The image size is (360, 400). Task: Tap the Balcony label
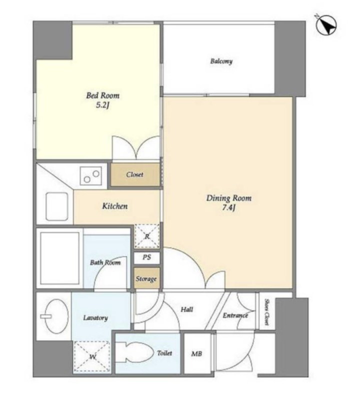pyautogui.click(x=221, y=61)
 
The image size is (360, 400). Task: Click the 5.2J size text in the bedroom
pyautogui.click(x=102, y=105)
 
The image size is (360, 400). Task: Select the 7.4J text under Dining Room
pyautogui.click(x=228, y=208)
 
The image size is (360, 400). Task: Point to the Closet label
pyautogui.click(x=134, y=174)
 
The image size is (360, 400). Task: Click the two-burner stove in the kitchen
pyautogui.click(x=91, y=176)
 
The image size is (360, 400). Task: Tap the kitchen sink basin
pyautogui.click(x=57, y=206)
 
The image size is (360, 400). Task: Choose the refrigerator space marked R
pyautogui.click(x=146, y=236)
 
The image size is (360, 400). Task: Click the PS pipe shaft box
pyautogui.click(x=146, y=258)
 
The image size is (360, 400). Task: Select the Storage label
pyautogui.click(x=146, y=279)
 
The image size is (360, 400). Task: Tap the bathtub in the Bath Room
pyautogui.click(x=59, y=258)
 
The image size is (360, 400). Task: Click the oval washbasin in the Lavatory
pyautogui.click(x=56, y=316)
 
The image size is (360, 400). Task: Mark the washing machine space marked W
pyautogui.click(x=92, y=356)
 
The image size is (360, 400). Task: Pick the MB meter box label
pyautogui.click(x=196, y=354)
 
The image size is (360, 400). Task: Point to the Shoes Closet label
pyautogui.click(x=267, y=312)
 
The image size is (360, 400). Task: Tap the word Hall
pyautogui.click(x=187, y=309)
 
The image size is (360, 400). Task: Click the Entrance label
pyautogui.click(x=235, y=315)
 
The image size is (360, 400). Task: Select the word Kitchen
pyautogui.click(x=115, y=206)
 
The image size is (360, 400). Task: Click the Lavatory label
pyautogui.click(x=95, y=318)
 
